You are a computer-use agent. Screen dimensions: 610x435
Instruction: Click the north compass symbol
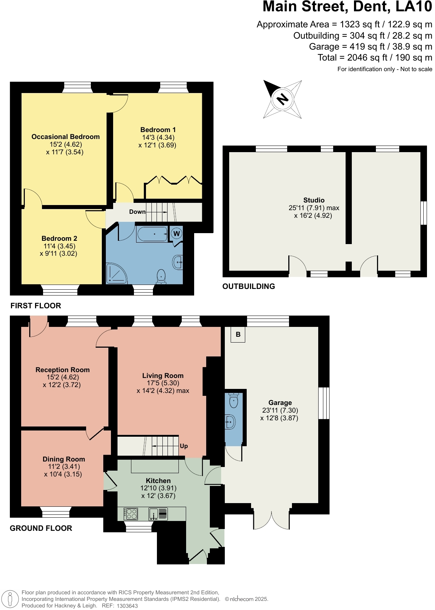point(282,99)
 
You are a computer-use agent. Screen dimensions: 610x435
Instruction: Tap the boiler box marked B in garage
point(238,335)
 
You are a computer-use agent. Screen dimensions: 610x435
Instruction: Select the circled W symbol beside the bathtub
point(177,233)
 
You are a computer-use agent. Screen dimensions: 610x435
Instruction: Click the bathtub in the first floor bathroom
point(152,234)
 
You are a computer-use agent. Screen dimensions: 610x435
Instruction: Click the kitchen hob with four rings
point(131,514)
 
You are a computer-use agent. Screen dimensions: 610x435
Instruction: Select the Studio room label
point(314,200)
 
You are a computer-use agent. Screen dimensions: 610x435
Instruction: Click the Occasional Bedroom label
point(65,137)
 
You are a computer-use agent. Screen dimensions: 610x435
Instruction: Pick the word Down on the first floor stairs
point(137,212)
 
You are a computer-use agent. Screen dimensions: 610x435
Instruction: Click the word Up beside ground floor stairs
point(184,446)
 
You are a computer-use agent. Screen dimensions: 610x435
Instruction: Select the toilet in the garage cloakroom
point(234,401)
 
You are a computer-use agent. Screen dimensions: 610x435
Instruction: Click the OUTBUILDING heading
point(249,286)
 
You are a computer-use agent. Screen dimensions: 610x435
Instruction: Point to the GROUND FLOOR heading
point(41,528)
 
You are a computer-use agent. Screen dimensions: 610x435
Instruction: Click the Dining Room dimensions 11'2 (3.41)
point(64,467)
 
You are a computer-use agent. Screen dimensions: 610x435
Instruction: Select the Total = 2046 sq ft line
point(375,58)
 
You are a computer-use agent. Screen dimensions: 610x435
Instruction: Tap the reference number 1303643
point(127,606)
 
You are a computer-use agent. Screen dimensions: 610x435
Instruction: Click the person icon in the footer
point(10,599)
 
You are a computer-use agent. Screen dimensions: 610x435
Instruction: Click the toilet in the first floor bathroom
point(161,277)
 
